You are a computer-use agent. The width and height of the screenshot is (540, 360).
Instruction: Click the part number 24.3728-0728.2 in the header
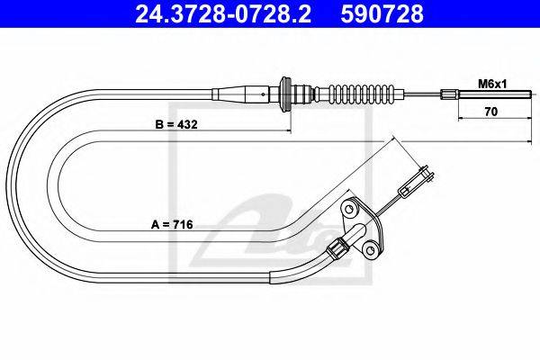click(223, 13)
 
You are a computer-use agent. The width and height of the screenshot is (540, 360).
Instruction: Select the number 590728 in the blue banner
click(382, 13)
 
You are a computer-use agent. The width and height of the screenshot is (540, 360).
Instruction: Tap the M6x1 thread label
click(492, 84)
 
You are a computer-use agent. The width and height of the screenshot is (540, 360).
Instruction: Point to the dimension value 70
click(491, 112)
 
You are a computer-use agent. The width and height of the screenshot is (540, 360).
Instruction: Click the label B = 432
click(176, 124)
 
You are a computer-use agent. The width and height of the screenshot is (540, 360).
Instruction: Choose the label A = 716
click(172, 225)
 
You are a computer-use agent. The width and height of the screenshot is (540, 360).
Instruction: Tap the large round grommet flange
click(285, 94)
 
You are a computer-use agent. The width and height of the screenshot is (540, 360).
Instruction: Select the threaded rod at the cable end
click(495, 94)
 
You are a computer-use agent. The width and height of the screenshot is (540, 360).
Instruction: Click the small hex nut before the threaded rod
click(449, 94)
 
